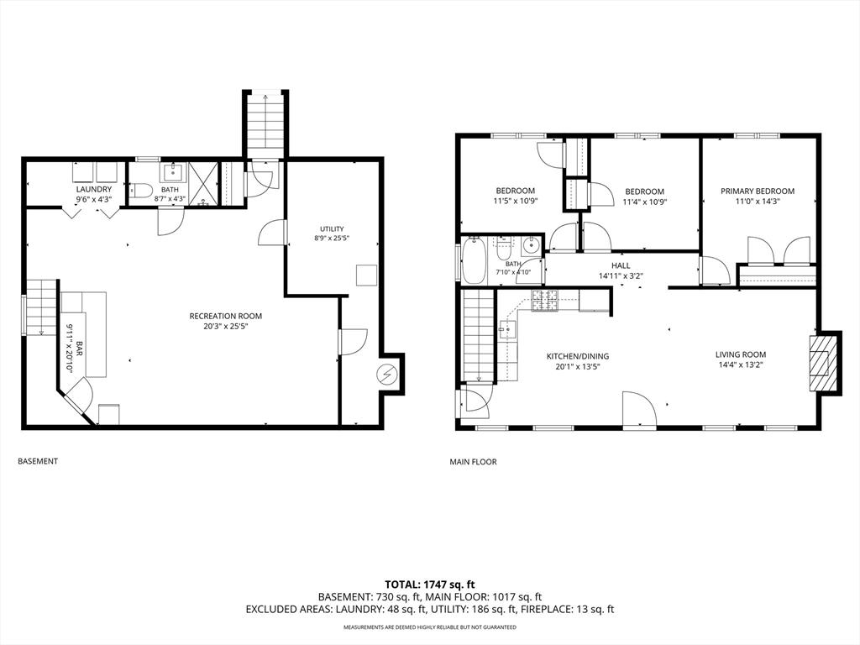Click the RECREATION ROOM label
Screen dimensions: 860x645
(x=225, y=316)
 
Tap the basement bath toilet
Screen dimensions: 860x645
(x=140, y=191)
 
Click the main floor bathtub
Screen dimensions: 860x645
(x=474, y=260)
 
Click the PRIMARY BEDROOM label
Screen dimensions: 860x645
(x=758, y=191)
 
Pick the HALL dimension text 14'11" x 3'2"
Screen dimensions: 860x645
(x=621, y=275)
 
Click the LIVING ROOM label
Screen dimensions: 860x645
(x=741, y=354)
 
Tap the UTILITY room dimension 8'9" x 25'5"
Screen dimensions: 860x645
(x=332, y=239)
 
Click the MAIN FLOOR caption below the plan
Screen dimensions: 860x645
(x=474, y=462)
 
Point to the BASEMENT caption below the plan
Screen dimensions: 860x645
(x=38, y=461)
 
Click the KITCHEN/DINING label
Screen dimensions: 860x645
(x=578, y=356)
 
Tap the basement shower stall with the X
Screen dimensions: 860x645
(x=203, y=184)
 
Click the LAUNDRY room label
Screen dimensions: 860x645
(x=94, y=189)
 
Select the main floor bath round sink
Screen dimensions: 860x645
(x=531, y=246)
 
